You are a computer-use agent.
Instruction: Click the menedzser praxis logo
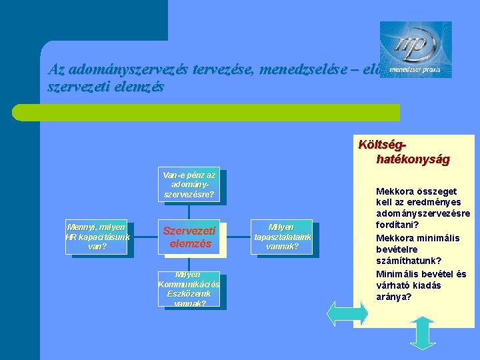click(x=415, y=49)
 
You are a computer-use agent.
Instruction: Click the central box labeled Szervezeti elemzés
click(x=189, y=237)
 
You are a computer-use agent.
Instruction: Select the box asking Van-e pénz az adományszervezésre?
click(x=189, y=185)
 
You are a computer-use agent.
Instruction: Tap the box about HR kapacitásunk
click(x=97, y=237)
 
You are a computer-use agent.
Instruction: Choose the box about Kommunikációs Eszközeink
click(x=189, y=289)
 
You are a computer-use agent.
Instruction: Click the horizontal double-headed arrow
click(x=347, y=313)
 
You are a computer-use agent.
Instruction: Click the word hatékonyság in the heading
click(x=413, y=159)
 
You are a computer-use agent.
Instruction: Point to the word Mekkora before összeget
click(x=395, y=190)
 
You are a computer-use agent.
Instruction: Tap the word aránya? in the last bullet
click(x=393, y=297)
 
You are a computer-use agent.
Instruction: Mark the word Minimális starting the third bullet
click(x=398, y=273)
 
